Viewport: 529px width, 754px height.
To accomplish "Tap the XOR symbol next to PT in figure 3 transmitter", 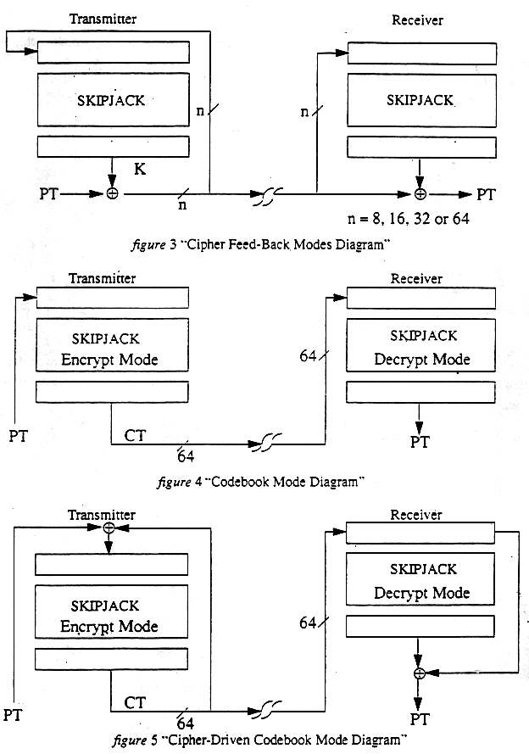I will [x=111, y=193].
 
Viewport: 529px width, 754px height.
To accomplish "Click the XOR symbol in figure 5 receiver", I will [x=418, y=673].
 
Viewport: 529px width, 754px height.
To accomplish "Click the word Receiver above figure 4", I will [x=418, y=278].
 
